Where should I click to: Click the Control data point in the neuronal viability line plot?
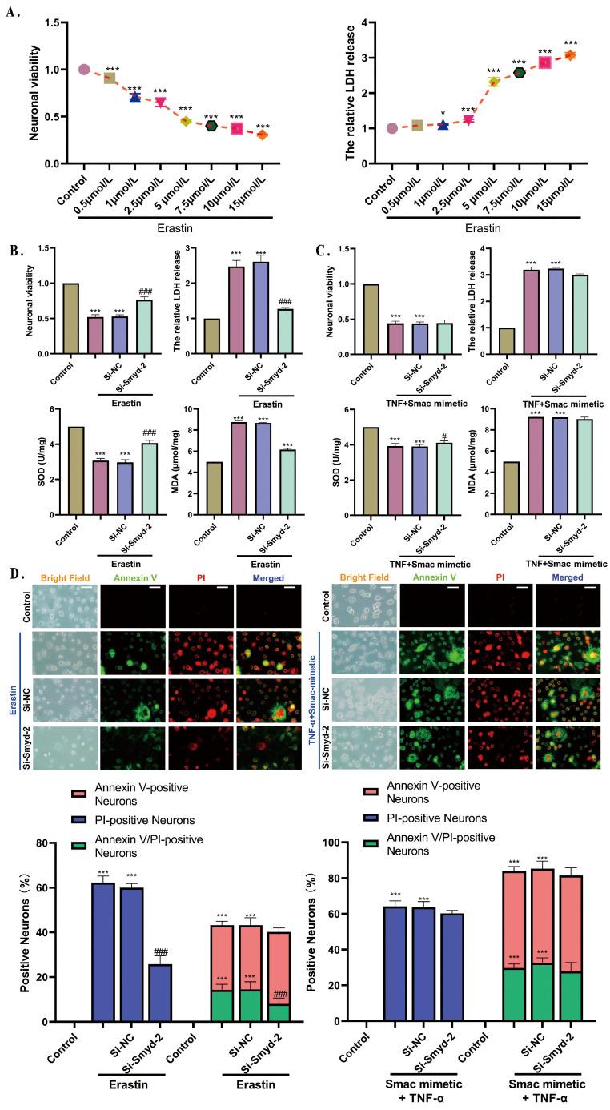[x=84, y=70]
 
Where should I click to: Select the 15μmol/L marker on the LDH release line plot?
[x=570, y=55]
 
